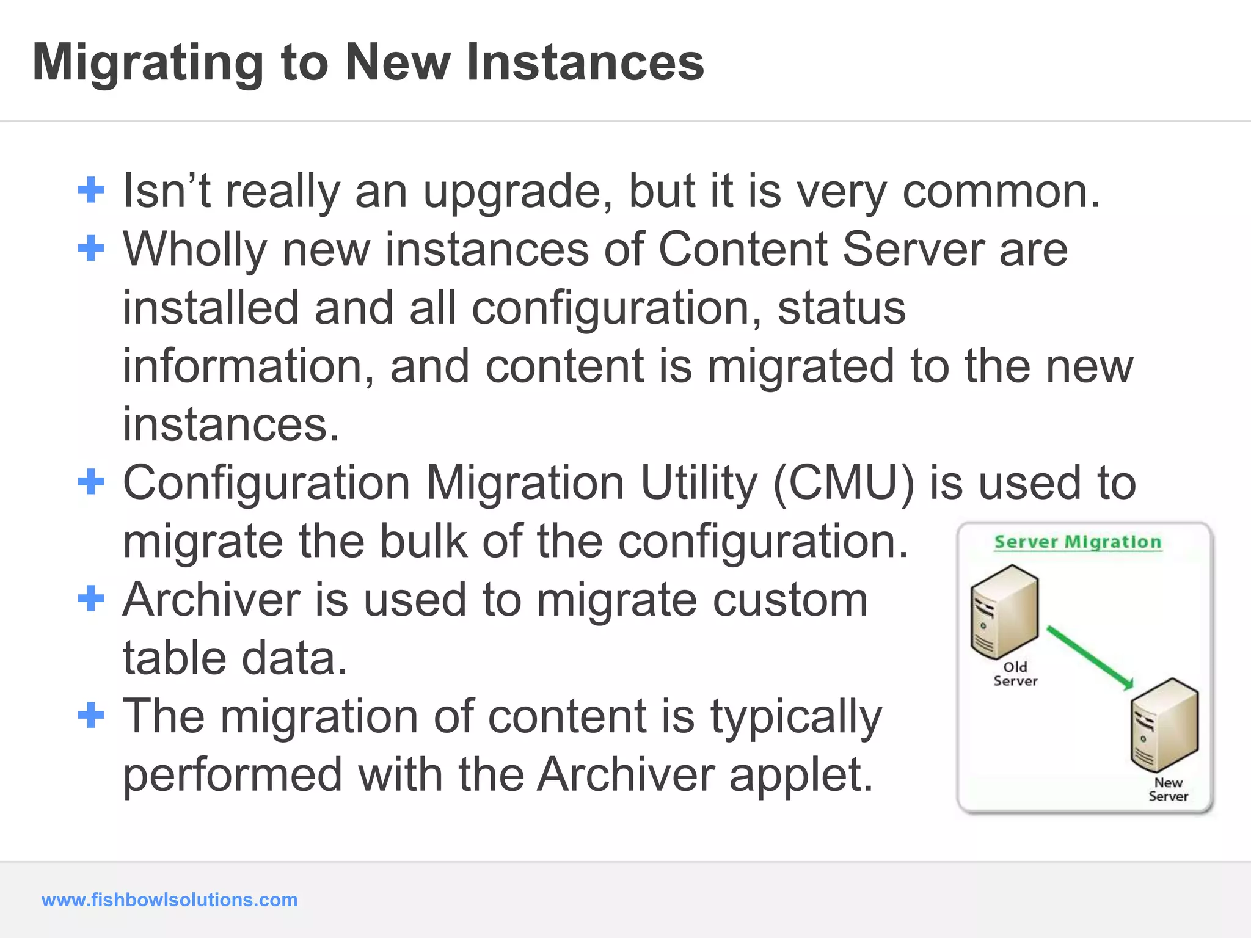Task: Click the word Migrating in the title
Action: click(x=148, y=63)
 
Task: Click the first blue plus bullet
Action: click(x=91, y=190)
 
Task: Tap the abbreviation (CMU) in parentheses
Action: click(x=844, y=483)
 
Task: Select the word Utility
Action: click(x=698, y=483)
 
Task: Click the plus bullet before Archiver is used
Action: click(x=91, y=598)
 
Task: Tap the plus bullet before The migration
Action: click(x=91, y=715)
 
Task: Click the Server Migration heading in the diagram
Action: click(x=1078, y=542)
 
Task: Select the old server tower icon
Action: click(x=1004, y=611)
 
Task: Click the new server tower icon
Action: click(x=1164, y=725)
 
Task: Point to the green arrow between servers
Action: click(x=1090, y=658)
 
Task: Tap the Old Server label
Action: click(x=1015, y=674)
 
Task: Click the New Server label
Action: click(x=1168, y=790)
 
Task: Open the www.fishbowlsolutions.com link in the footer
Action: click(x=169, y=900)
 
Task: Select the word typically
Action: click(x=796, y=717)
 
